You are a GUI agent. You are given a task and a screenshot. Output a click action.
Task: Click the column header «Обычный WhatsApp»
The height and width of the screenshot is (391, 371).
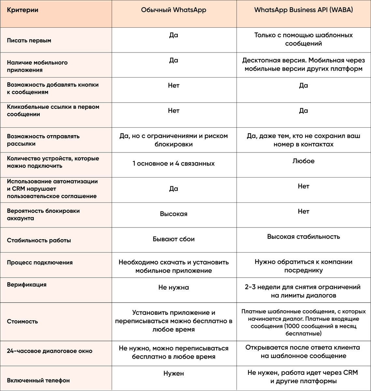point(174,10)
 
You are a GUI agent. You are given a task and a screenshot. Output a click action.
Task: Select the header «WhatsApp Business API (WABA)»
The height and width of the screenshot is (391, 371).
point(303,10)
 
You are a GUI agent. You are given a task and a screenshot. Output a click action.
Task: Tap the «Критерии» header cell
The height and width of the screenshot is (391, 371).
point(23,10)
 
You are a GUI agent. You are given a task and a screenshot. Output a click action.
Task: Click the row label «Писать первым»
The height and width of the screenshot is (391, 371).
point(29,41)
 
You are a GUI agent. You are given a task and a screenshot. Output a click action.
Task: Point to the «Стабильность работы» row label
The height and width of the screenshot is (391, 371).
point(39,240)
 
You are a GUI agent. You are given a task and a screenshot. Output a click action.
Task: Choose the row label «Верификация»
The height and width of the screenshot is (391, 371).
point(27,284)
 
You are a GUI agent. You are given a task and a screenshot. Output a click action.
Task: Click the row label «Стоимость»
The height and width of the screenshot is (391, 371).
point(22,321)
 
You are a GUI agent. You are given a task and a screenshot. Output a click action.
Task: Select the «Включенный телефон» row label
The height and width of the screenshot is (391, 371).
point(38,380)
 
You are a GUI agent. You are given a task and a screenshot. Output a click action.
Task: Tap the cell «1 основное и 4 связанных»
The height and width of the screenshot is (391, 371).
point(174,164)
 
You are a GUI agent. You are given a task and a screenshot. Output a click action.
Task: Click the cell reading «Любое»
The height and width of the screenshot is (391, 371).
point(303,161)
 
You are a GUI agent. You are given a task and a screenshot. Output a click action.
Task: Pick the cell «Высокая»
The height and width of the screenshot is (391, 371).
point(174,214)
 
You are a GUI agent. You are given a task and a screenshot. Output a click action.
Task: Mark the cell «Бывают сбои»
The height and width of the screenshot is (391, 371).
point(174,239)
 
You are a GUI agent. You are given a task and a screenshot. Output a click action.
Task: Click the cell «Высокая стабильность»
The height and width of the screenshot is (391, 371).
point(303,237)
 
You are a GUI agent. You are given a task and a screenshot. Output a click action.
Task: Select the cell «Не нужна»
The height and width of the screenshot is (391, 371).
point(174,287)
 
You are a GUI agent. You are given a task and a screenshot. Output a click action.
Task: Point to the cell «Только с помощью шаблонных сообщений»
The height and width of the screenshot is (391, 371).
point(303,39)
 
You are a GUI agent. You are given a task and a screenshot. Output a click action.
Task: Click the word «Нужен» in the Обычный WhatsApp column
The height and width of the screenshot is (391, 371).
point(174,373)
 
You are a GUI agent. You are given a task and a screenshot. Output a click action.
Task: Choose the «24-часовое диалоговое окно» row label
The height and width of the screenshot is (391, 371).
point(50,351)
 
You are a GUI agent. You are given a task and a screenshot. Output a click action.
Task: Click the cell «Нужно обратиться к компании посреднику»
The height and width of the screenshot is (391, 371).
point(303,266)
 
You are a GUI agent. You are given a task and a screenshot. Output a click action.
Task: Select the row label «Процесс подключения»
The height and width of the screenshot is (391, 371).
point(40,263)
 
